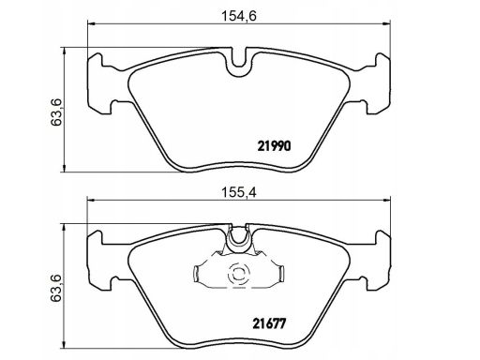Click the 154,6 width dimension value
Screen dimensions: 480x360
click(239, 16)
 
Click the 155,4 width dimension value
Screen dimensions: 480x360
click(239, 192)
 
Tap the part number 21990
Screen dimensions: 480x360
click(274, 146)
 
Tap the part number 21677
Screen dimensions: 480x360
click(269, 323)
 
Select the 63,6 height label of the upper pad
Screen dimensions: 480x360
click(56, 112)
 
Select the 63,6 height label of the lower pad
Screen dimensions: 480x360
click(56, 289)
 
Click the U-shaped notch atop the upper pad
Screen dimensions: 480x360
click(239, 63)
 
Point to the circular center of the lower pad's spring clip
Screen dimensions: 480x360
click(239, 274)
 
